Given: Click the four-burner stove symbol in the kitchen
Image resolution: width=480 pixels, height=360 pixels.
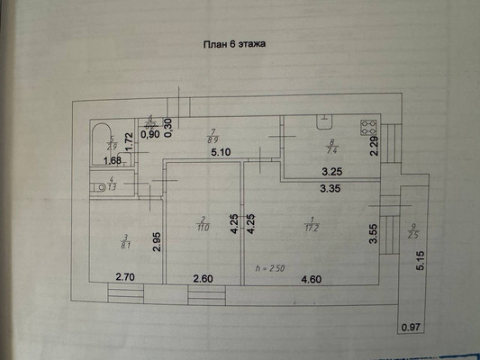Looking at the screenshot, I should [x=368, y=128].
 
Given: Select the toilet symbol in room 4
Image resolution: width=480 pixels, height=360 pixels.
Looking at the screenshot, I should [x=96, y=187].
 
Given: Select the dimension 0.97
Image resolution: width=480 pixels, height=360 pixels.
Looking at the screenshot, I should [x=411, y=326].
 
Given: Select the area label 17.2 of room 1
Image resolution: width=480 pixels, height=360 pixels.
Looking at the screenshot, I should [x=312, y=227].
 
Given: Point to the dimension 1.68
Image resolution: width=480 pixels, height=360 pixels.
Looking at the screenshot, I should [x=112, y=161].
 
